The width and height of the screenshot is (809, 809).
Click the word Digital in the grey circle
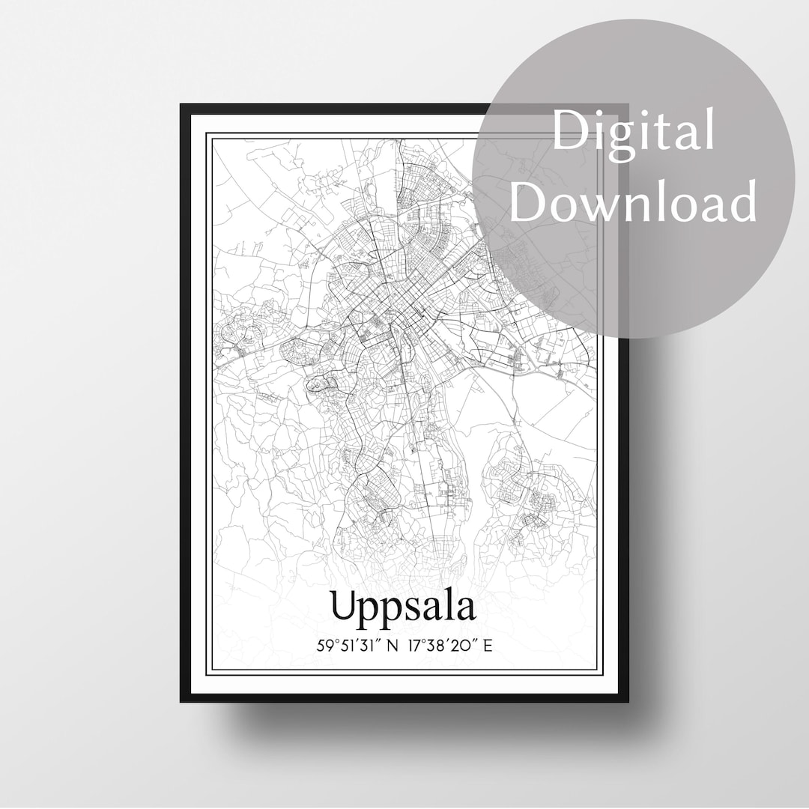(x=633, y=132)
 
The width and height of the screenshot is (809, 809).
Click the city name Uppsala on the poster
(x=403, y=607)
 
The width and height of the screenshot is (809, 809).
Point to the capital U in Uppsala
(x=345, y=606)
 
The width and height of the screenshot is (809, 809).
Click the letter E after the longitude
(x=488, y=645)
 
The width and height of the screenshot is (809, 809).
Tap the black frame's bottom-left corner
(x=182, y=700)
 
